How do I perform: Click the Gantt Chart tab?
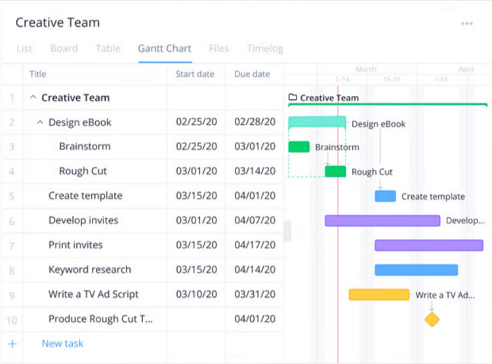(x=164, y=49)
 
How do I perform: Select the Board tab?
(x=64, y=49)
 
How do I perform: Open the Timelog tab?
(x=265, y=49)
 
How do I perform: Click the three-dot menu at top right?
(x=466, y=24)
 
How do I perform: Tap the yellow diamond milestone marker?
(x=432, y=320)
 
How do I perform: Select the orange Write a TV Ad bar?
(x=379, y=295)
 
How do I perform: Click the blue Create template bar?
(x=385, y=196)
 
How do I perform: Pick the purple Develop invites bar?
(x=382, y=221)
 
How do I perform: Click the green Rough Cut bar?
(x=335, y=171)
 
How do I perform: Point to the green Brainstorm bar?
(x=298, y=147)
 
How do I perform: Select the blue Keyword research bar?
(x=416, y=270)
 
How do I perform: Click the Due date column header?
(x=252, y=74)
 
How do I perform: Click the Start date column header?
(x=195, y=74)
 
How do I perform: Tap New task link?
(x=62, y=344)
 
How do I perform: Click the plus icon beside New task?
(x=12, y=344)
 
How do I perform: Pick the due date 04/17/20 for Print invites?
(x=255, y=245)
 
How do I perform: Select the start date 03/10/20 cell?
(x=196, y=294)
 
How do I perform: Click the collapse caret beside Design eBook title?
(x=40, y=122)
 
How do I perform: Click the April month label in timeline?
(x=466, y=69)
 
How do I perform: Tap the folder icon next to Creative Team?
(x=293, y=98)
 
